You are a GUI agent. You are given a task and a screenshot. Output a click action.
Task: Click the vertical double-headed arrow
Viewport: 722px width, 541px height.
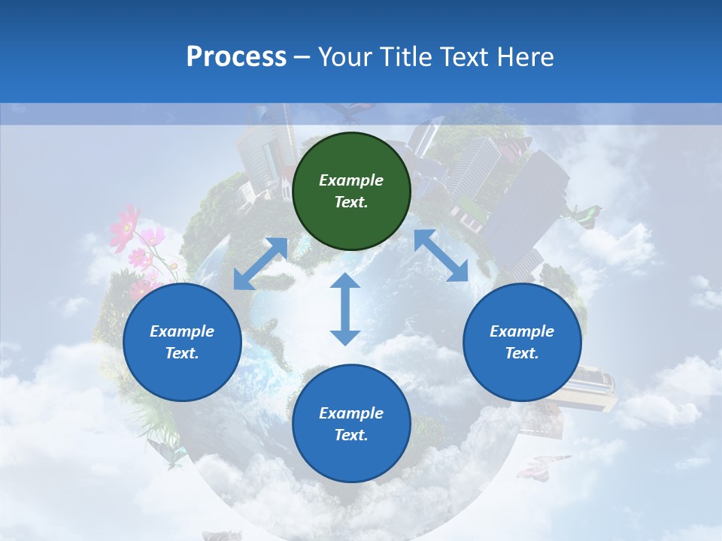pos(345,309)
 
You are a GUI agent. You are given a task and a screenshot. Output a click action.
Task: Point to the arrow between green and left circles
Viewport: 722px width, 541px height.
pos(260,264)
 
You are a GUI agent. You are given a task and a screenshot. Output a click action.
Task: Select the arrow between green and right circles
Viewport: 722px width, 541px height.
pos(441,255)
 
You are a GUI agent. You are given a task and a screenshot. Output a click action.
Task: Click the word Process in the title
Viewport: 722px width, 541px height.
pos(236,56)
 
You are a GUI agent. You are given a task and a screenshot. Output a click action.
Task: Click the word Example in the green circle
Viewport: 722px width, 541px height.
pos(351,180)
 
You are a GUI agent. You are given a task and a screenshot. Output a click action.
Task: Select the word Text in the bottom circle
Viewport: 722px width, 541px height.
pos(350,435)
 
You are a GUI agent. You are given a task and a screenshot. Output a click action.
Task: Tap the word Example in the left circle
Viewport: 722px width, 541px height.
pos(182,331)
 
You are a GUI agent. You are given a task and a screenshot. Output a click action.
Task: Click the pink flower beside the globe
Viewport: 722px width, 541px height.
pos(125,225)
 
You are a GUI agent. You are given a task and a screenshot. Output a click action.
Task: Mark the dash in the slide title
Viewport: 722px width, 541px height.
pos(302,57)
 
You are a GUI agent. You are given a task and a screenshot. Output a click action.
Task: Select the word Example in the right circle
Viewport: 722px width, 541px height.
pos(522,331)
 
